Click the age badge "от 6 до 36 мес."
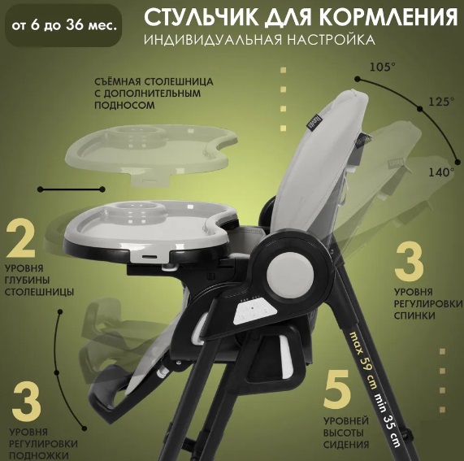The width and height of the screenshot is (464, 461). click(x=63, y=26)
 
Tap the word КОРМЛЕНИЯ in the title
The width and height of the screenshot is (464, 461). click(x=388, y=18)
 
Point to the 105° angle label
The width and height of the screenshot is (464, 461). click(x=382, y=67)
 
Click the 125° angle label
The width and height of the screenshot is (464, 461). click(x=441, y=102)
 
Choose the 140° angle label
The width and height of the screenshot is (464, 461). click(x=441, y=172)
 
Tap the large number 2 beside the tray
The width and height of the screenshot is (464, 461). click(x=20, y=238)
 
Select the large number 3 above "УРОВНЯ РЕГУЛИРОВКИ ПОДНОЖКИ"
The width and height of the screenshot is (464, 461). click(x=27, y=400)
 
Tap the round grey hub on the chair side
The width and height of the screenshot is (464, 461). click(x=290, y=273)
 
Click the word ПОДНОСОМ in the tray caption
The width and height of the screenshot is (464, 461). click(x=124, y=106)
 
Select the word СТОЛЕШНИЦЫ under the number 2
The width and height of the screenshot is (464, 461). click(x=39, y=292)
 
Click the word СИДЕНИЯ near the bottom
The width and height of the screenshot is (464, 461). click(x=346, y=445)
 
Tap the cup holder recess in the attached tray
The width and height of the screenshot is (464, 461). click(x=138, y=211)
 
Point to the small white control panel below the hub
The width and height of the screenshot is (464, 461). click(x=254, y=311)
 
